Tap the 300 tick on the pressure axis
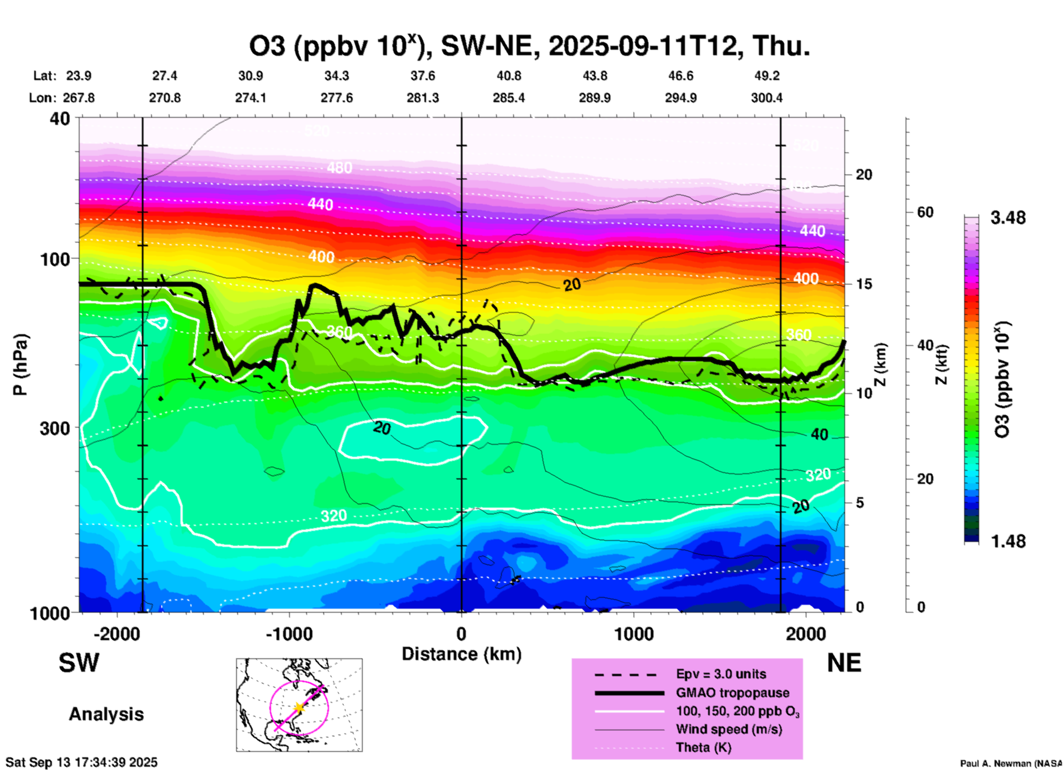click(x=55, y=428)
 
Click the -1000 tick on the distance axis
click(x=289, y=634)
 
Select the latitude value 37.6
click(x=422, y=76)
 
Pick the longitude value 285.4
click(x=508, y=98)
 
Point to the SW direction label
click(x=79, y=663)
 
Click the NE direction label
click(x=844, y=663)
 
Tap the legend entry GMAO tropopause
click(x=732, y=693)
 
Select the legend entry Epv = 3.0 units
click(x=721, y=674)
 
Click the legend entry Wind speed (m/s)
click(x=729, y=729)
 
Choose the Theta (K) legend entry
click(x=703, y=747)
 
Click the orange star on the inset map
click(x=299, y=708)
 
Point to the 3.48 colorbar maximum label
click(x=1008, y=218)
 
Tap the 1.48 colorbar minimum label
click(x=1008, y=541)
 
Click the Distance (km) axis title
click(x=461, y=654)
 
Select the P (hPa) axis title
click(x=20, y=365)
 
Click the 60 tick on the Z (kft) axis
click(x=925, y=213)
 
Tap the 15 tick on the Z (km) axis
click(x=864, y=284)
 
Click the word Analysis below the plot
click(x=106, y=714)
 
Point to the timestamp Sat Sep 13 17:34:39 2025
click(x=82, y=762)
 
